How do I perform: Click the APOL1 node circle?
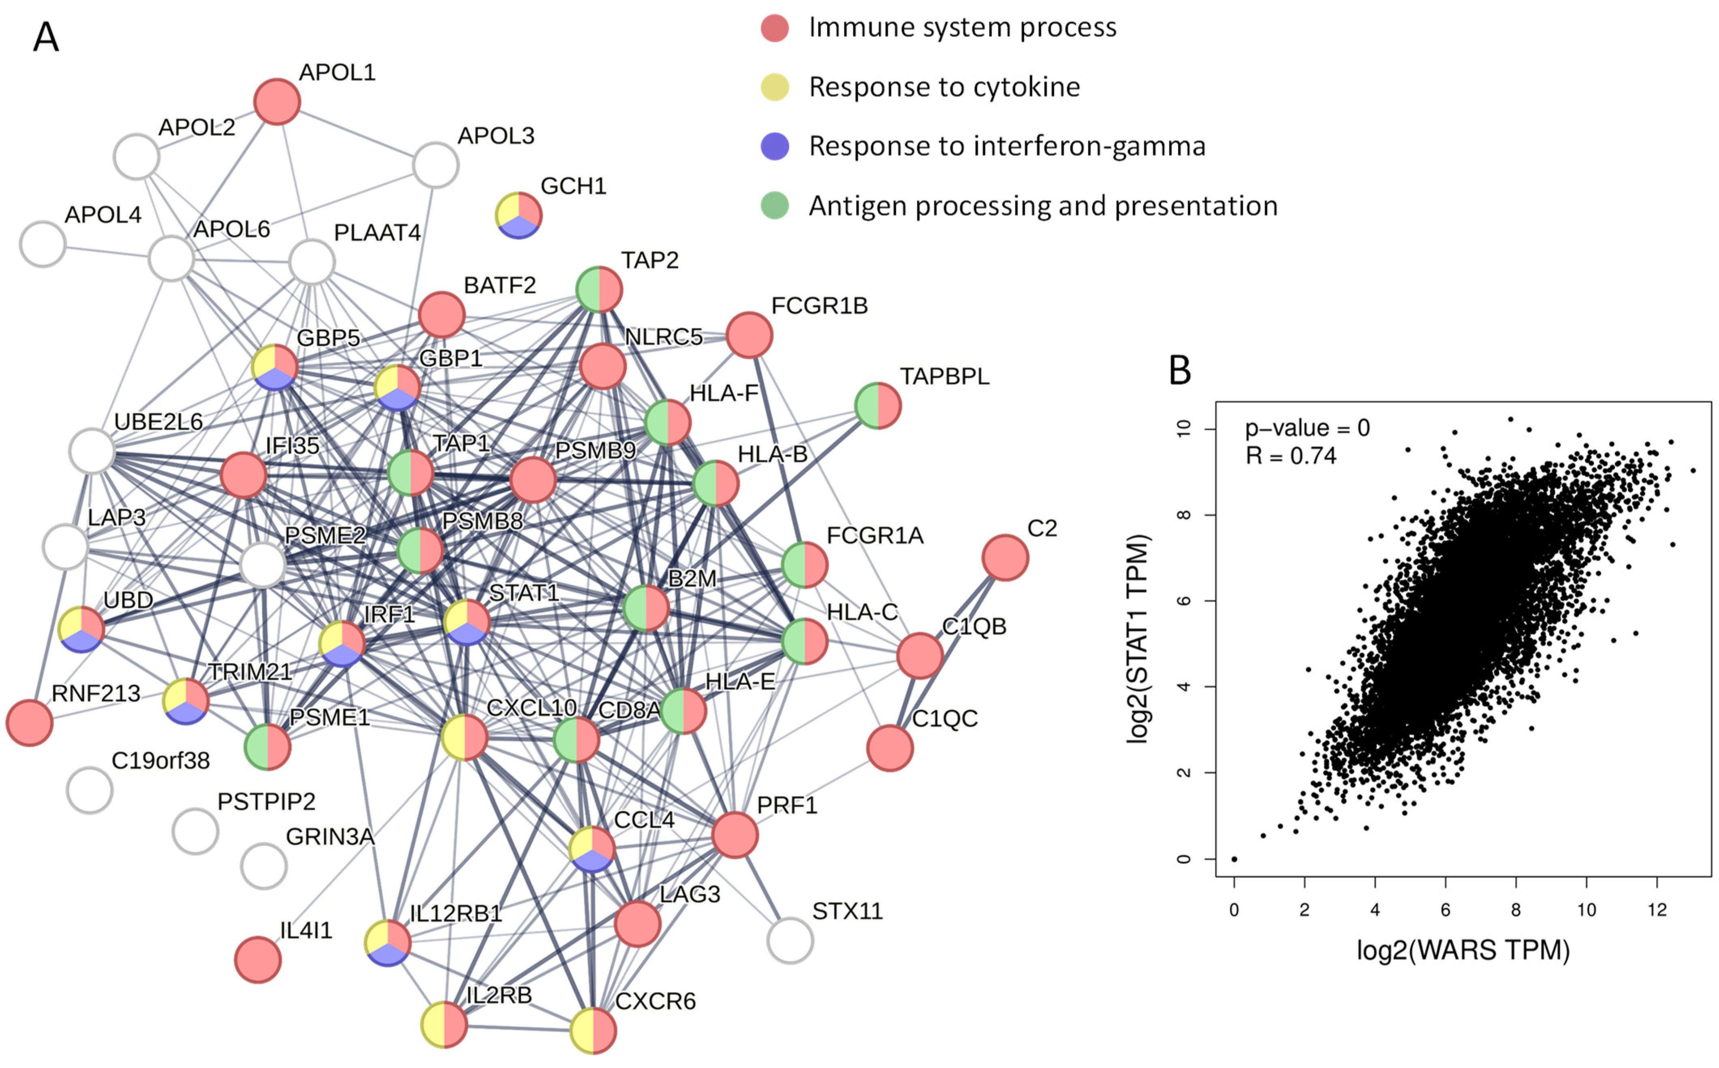click(x=277, y=102)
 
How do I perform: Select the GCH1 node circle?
click(x=519, y=215)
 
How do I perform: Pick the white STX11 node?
click(x=790, y=940)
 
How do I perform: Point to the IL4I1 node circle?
click(x=258, y=959)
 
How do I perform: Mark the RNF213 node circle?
click(x=30, y=723)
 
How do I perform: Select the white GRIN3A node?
click(x=263, y=865)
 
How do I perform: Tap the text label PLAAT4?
click(x=377, y=232)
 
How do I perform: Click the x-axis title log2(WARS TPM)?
click(x=1463, y=950)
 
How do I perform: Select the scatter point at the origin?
click(x=1234, y=859)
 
